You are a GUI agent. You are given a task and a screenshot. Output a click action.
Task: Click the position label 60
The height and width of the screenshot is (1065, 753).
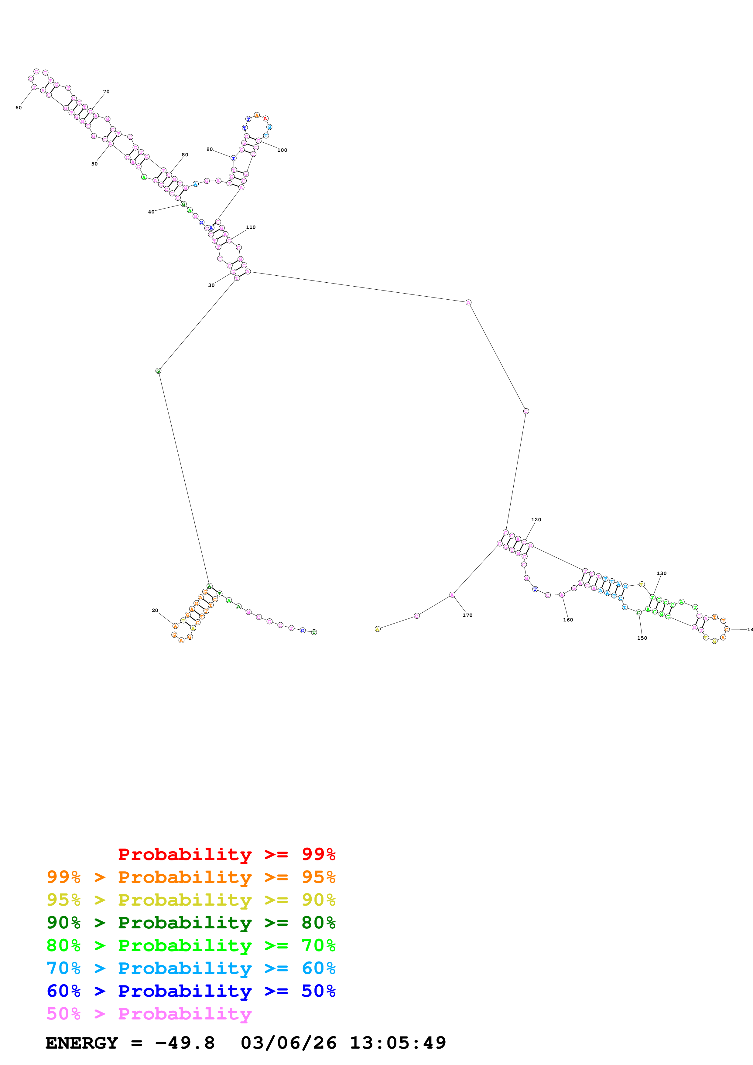click(19, 107)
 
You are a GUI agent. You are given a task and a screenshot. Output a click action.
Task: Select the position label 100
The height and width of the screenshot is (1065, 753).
click(282, 150)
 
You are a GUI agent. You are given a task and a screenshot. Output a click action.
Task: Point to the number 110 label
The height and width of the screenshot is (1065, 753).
click(251, 227)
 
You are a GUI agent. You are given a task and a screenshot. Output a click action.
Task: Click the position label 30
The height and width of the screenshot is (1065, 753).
click(211, 285)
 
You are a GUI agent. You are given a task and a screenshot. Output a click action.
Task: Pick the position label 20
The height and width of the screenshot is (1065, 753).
click(155, 611)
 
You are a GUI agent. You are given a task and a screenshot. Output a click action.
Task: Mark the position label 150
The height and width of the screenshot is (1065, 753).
click(642, 638)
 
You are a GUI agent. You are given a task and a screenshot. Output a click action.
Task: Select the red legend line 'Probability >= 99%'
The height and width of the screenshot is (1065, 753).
click(226, 854)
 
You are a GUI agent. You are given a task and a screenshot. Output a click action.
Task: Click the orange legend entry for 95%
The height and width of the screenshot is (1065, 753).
click(191, 877)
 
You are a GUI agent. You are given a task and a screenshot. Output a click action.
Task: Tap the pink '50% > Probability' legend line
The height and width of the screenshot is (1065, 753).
click(149, 1013)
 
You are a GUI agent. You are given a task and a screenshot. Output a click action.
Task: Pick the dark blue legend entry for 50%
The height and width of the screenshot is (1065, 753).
click(191, 991)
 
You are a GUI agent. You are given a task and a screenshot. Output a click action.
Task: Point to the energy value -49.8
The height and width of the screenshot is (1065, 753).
click(185, 1043)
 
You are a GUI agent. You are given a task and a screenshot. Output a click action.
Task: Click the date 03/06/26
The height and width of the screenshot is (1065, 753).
click(288, 1043)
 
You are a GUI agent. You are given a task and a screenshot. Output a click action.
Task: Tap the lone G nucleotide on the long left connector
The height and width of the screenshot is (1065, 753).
click(158, 371)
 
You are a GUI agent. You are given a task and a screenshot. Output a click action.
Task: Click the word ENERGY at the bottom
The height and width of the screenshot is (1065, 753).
click(82, 1043)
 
